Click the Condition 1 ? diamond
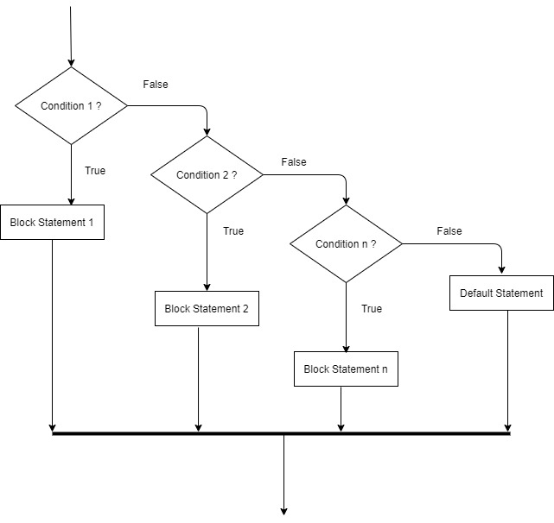tap(71, 106)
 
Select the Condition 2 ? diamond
tap(207, 175)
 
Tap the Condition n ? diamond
tap(346, 244)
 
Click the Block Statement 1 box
tap(52, 223)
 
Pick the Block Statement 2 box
tap(207, 308)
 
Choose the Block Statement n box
tap(346, 369)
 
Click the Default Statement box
tap(501, 293)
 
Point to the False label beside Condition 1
tap(156, 85)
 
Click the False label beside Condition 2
tap(294, 162)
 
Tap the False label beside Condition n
tap(449, 231)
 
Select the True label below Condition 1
tap(95, 171)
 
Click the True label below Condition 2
tap(233, 231)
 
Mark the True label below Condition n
tap(372, 309)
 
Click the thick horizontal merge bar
tap(281, 433)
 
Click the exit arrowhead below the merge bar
tap(283, 509)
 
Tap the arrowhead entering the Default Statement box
tap(501, 270)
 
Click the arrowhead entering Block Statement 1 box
tap(71, 199)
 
